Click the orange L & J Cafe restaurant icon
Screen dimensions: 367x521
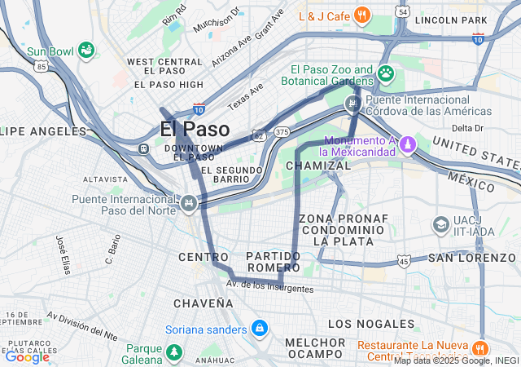pyautogui.click(x=363, y=15)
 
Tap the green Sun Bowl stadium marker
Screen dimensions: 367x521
pyautogui.click(x=85, y=51)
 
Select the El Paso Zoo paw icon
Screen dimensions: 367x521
pyautogui.click(x=386, y=74)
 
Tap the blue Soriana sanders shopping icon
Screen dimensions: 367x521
pyautogui.click(x=259, y=329)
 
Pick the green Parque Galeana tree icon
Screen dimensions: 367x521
pyautogui.click(x=174, y=352)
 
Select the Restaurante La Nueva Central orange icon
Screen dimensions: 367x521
pyautogui.click(x=483, y=346)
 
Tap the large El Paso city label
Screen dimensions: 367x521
pyautogui.click(x=195, y=129)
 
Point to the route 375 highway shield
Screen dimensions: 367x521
pyautogui.click(x=282, y=131)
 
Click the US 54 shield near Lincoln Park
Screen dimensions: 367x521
pyautogui.click(x=404, y=12)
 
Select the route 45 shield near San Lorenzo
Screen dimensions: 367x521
pyautogui.click(x=405, y=260)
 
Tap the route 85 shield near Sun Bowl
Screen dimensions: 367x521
pyautogui.click(x=41, y=67)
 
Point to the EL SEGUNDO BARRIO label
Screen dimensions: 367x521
pyautogui.click(x=232, y=175)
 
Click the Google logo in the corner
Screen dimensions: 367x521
pyautogui.click(x=27, y=356)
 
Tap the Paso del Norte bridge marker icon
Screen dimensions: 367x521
pyautogui.click(x=190, y=201)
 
